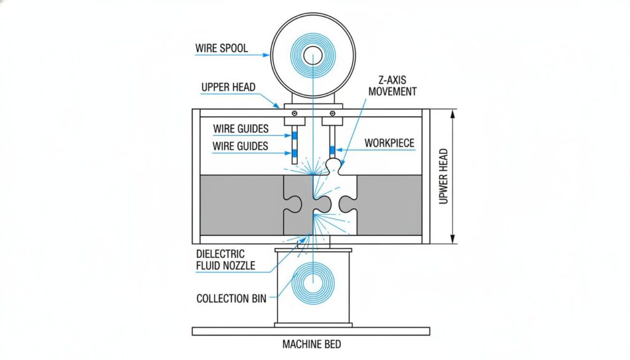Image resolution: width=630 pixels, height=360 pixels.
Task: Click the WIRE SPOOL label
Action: [x=221, y=48]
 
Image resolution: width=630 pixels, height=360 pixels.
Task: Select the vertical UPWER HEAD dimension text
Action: [x=445, y=176]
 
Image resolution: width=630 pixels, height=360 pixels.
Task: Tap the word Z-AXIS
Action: [x=391, y=81]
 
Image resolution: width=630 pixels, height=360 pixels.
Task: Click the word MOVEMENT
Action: [x=391, y=92]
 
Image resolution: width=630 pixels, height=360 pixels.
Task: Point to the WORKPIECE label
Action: [x=389, y=143]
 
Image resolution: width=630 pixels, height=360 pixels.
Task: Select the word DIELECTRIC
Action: [x=220, y=254]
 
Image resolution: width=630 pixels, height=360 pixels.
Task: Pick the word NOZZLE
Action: [x=242, y=266]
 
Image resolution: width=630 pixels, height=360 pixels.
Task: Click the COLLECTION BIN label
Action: [x=231, y=298]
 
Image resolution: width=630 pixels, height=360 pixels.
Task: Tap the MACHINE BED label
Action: [x=311, y=344]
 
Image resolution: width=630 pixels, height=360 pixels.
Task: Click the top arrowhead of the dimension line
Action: [x=453, y=113]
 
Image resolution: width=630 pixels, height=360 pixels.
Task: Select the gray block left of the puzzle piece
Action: [x=240, y=206]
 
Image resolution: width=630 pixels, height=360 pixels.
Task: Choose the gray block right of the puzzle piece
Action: [x=389, y=206]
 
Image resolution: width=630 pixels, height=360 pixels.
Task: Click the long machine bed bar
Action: [x=311, y=331]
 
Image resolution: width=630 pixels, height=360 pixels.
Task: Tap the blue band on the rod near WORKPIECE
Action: [x=333, y=150]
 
